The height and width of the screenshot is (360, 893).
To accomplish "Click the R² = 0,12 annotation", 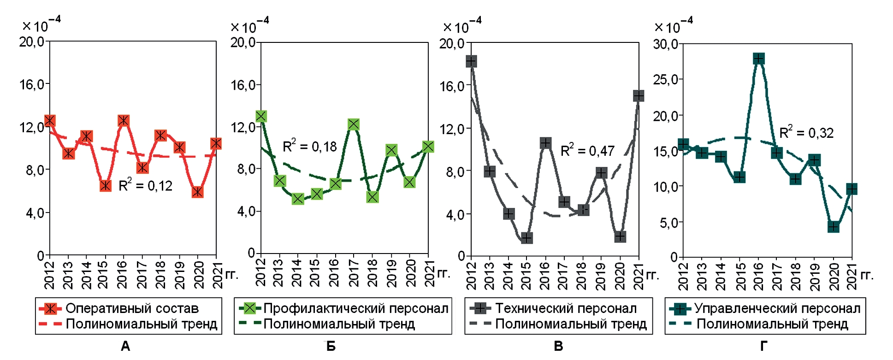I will click(x=146, y=185).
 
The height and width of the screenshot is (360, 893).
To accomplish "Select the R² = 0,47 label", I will click(x=587, y=150).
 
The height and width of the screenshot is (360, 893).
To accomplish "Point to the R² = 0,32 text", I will click(x=806, y=133).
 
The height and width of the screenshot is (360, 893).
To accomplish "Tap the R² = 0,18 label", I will click(x=309, y=146).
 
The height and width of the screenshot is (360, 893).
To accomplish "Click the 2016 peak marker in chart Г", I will click(x=758, y=59).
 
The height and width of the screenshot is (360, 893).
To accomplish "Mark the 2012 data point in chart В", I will click(x=471, y=61).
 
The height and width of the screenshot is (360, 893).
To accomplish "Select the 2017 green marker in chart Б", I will click(x=354, y=124).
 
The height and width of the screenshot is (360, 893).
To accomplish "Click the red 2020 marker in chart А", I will click(x=197, y=192).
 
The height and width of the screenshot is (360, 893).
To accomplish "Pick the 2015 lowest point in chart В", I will click(x=527, y=238).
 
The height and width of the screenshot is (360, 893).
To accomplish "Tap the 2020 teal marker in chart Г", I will click(x=833, y=227).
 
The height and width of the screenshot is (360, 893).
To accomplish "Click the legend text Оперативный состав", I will click(x=132, y=308).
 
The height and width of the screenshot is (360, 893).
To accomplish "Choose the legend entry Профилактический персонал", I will click(x=356, y=308).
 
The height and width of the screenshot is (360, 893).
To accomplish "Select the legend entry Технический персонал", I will click(x=566, y=308).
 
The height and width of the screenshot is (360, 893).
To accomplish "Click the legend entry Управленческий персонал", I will click(x=777, y=308).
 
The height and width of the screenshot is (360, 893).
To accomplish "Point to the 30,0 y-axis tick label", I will click(x=665, y=44).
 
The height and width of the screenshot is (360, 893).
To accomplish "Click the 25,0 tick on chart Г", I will click(x=665, y=80).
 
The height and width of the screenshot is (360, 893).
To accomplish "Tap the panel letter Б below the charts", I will click(x=331, y=346).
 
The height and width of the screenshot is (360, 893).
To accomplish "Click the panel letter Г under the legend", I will click(x=763, y=346).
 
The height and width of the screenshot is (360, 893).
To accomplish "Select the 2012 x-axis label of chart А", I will click(x=49, y=275).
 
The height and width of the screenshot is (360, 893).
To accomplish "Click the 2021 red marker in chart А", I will click(x=216, y=143).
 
